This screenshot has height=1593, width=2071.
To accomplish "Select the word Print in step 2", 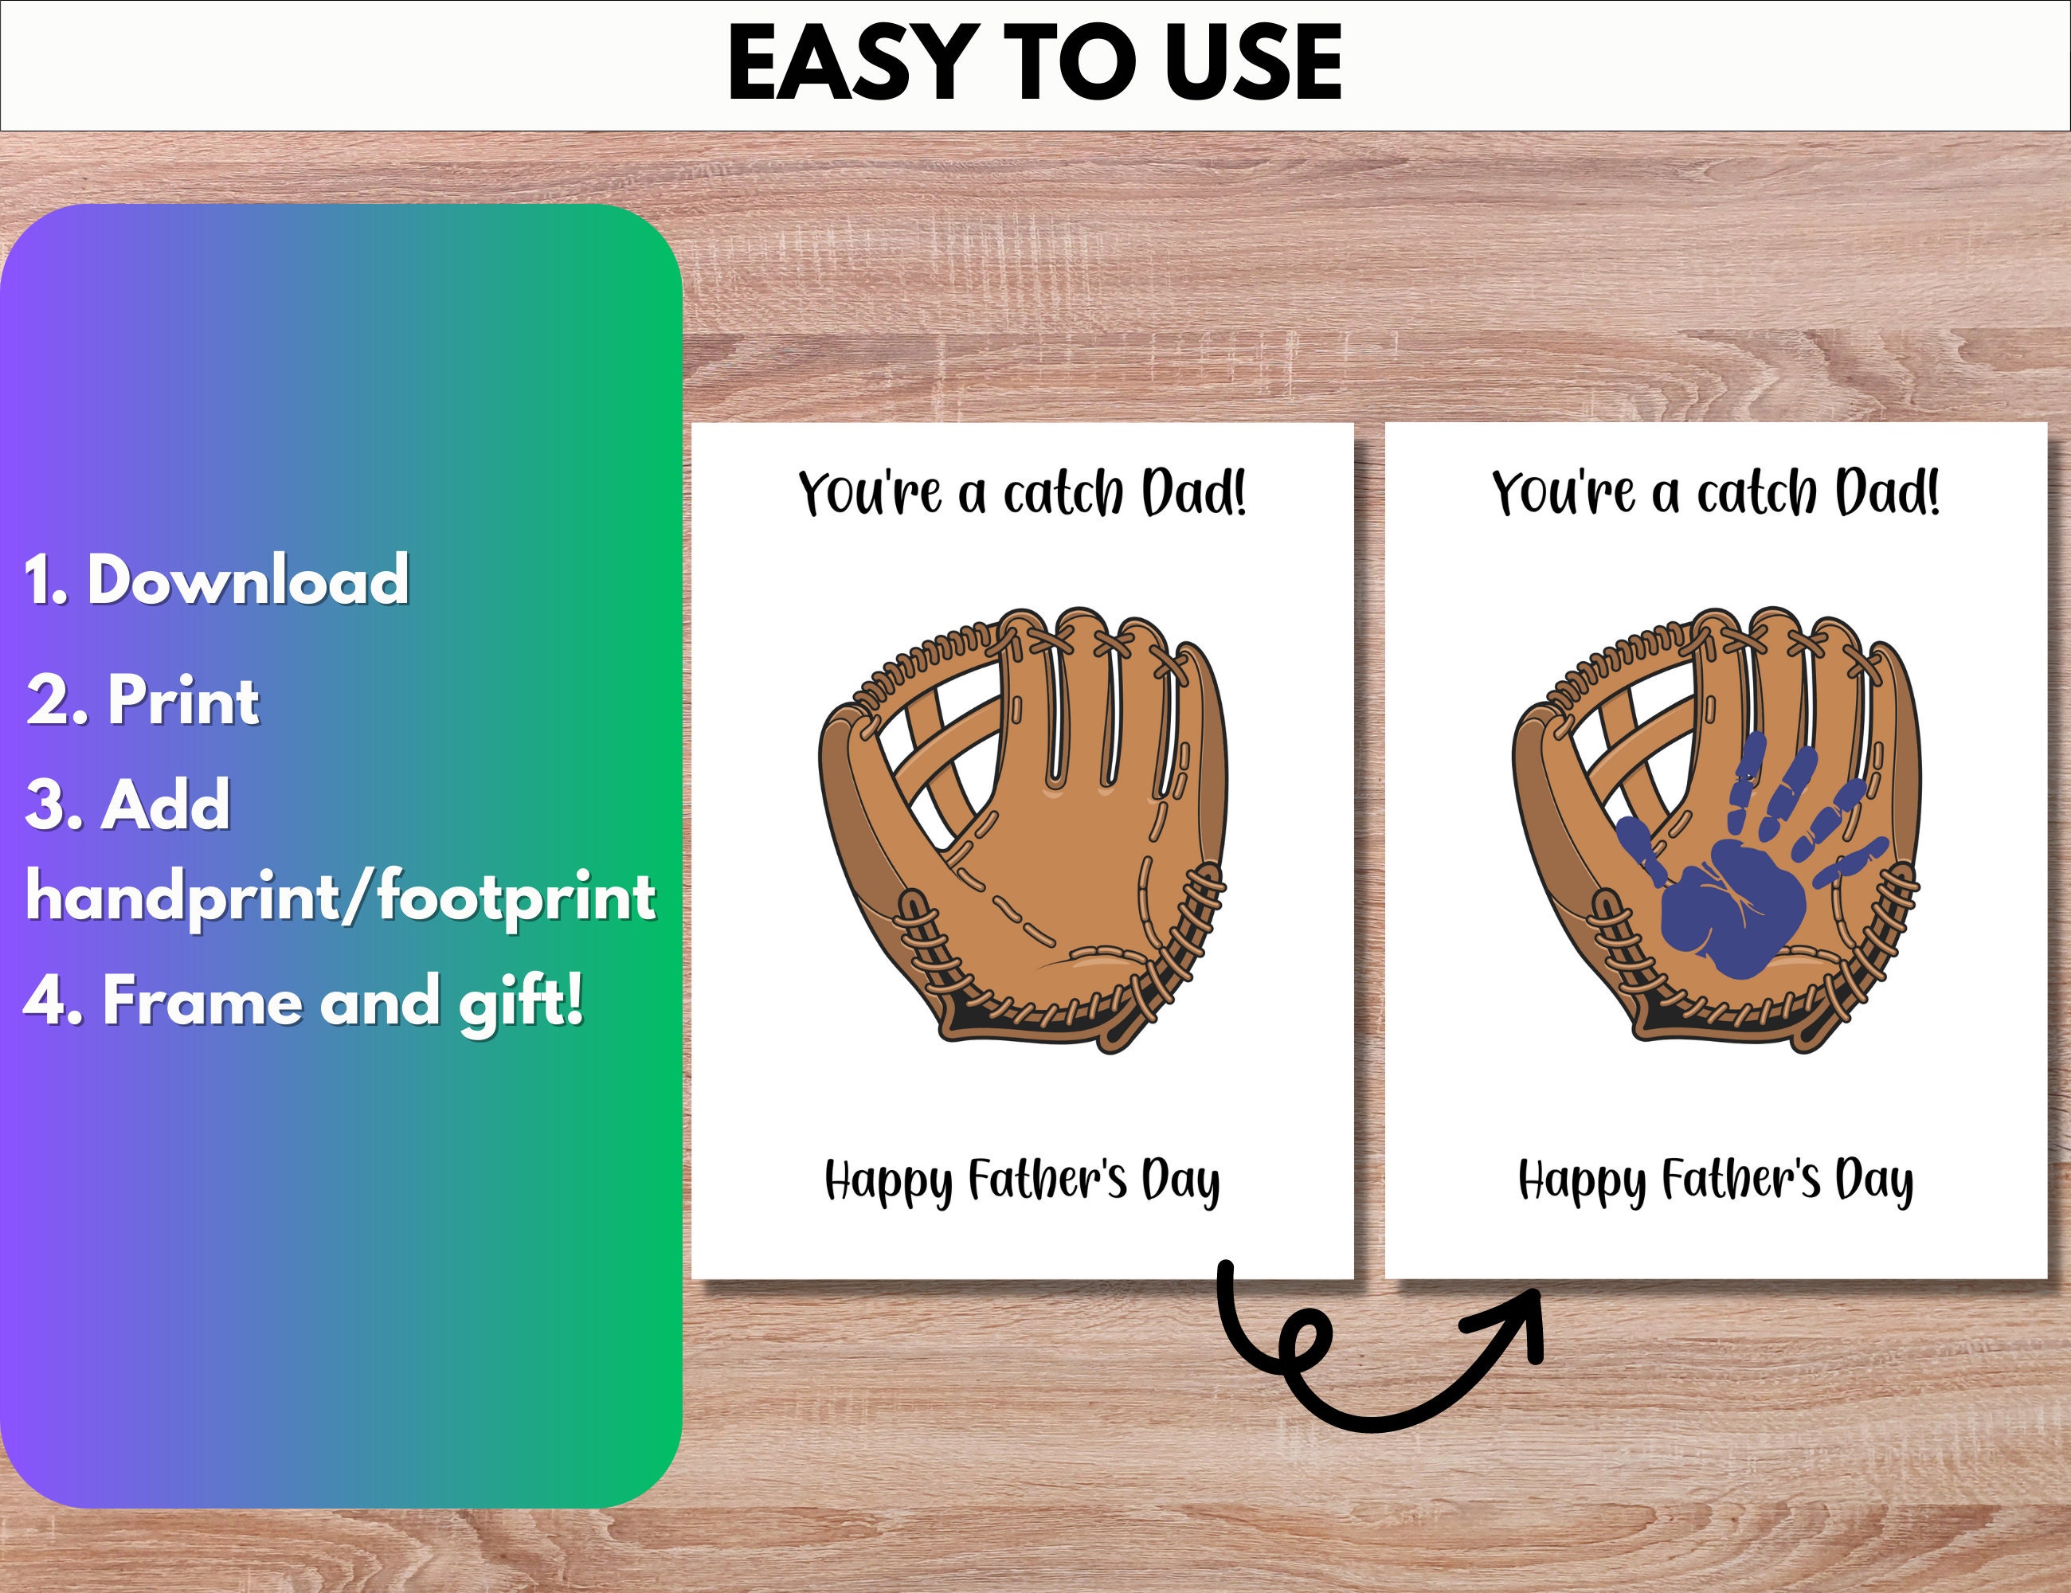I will point(183,700).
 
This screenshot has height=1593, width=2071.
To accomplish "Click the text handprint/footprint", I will point(340,897).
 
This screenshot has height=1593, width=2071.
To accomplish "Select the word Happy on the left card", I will point(887,1181).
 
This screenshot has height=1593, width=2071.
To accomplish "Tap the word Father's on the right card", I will point(1741,1180).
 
